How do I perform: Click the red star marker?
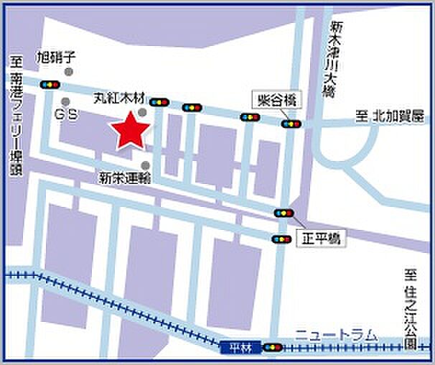[130, 131]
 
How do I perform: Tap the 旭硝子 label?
[55, 56]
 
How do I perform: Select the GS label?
[66, 114]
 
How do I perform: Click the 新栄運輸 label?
[125, 178]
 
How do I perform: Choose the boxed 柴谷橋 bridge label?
[277, 100]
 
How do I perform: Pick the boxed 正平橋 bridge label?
[321, 238]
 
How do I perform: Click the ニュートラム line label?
[336, 333]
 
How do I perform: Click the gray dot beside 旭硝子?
[68, 72]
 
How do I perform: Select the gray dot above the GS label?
[66, 101]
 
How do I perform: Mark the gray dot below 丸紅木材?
[143, 112]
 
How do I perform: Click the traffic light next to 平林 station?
[272, 348]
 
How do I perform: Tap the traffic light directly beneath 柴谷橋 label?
[291, 124]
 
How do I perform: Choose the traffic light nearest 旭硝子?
[50, 84]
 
